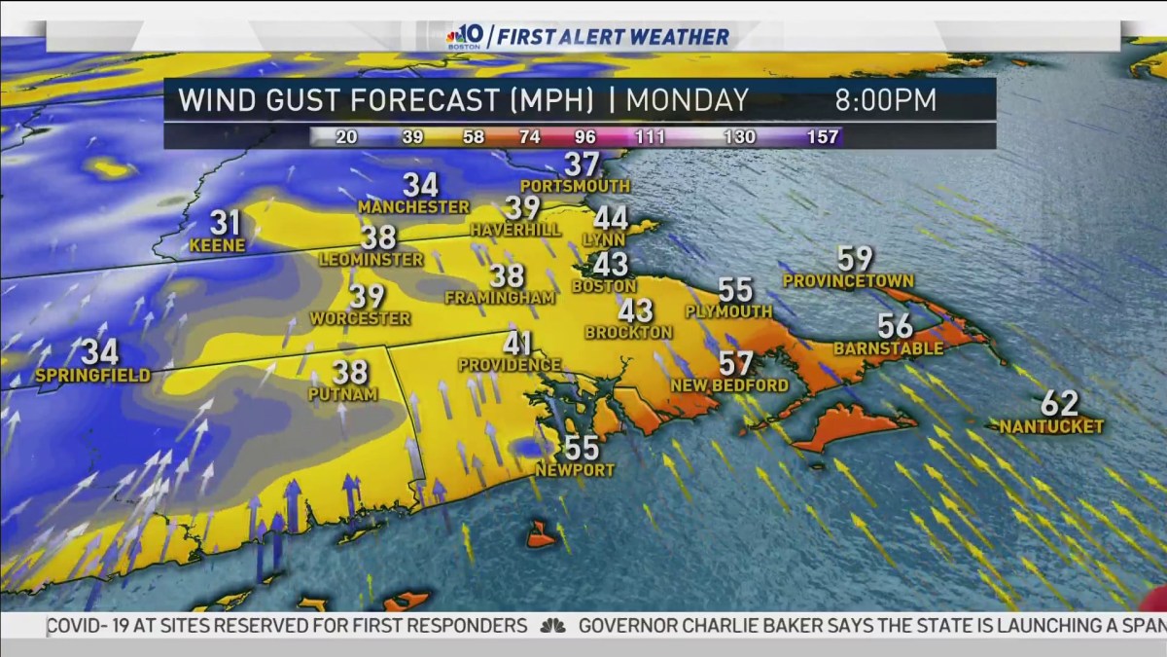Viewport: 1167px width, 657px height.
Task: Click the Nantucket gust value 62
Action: click(x=1059, y=402)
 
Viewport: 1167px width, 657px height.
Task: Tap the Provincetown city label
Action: click(x=848, y=281)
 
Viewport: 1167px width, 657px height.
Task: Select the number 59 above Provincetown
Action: click(x=855, y=259)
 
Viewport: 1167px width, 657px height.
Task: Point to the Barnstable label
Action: click(x=888, y=348)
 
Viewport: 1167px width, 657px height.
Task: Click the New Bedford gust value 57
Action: click(x=736, y=364)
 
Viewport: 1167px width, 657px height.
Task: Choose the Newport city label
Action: click(x=575, y=470)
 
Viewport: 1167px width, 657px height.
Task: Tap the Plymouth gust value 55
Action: click(x=735, y=290)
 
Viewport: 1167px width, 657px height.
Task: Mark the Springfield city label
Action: click(x=92, y=376)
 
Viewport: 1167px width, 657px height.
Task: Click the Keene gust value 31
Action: click(x=225, y=223)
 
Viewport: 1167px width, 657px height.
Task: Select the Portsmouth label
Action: click(x=575, y=185)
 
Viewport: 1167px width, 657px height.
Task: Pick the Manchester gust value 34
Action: click(x=421, y=185)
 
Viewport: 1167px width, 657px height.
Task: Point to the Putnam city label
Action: click(x=342, y=394)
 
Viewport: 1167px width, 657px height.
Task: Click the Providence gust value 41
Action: click(x=517, y=344)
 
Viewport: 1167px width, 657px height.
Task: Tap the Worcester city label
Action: click(x=360, y=318)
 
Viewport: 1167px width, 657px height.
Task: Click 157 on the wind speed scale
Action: click(x=822, y=136)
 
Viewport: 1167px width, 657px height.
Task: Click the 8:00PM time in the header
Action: click(x=885, y=100)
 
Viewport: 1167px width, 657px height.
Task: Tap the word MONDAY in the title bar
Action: click(x=688, y=100)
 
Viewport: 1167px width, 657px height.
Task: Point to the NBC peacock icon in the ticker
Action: click(x=552, y=626)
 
